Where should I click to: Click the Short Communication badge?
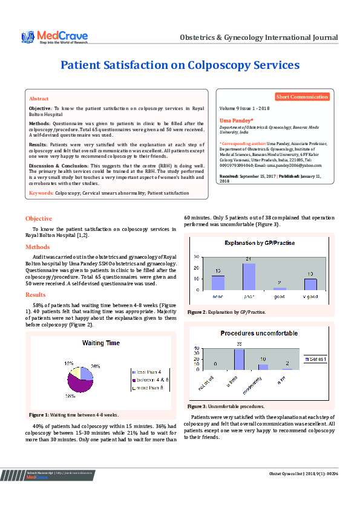point(302,97)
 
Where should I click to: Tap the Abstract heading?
point(39,98)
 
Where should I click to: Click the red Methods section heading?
point(38,247)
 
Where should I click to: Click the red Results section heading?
point(36,294)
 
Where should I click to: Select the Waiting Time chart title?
point(101,343)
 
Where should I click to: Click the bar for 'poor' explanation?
point(249,276)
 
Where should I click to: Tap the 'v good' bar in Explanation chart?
point(310,284)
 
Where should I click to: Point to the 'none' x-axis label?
point(217,297)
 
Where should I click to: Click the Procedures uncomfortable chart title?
point(258,333)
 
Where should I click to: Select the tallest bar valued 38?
point(239,358)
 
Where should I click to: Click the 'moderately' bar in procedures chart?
point(263,366)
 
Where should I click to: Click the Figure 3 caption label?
point(197,406)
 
